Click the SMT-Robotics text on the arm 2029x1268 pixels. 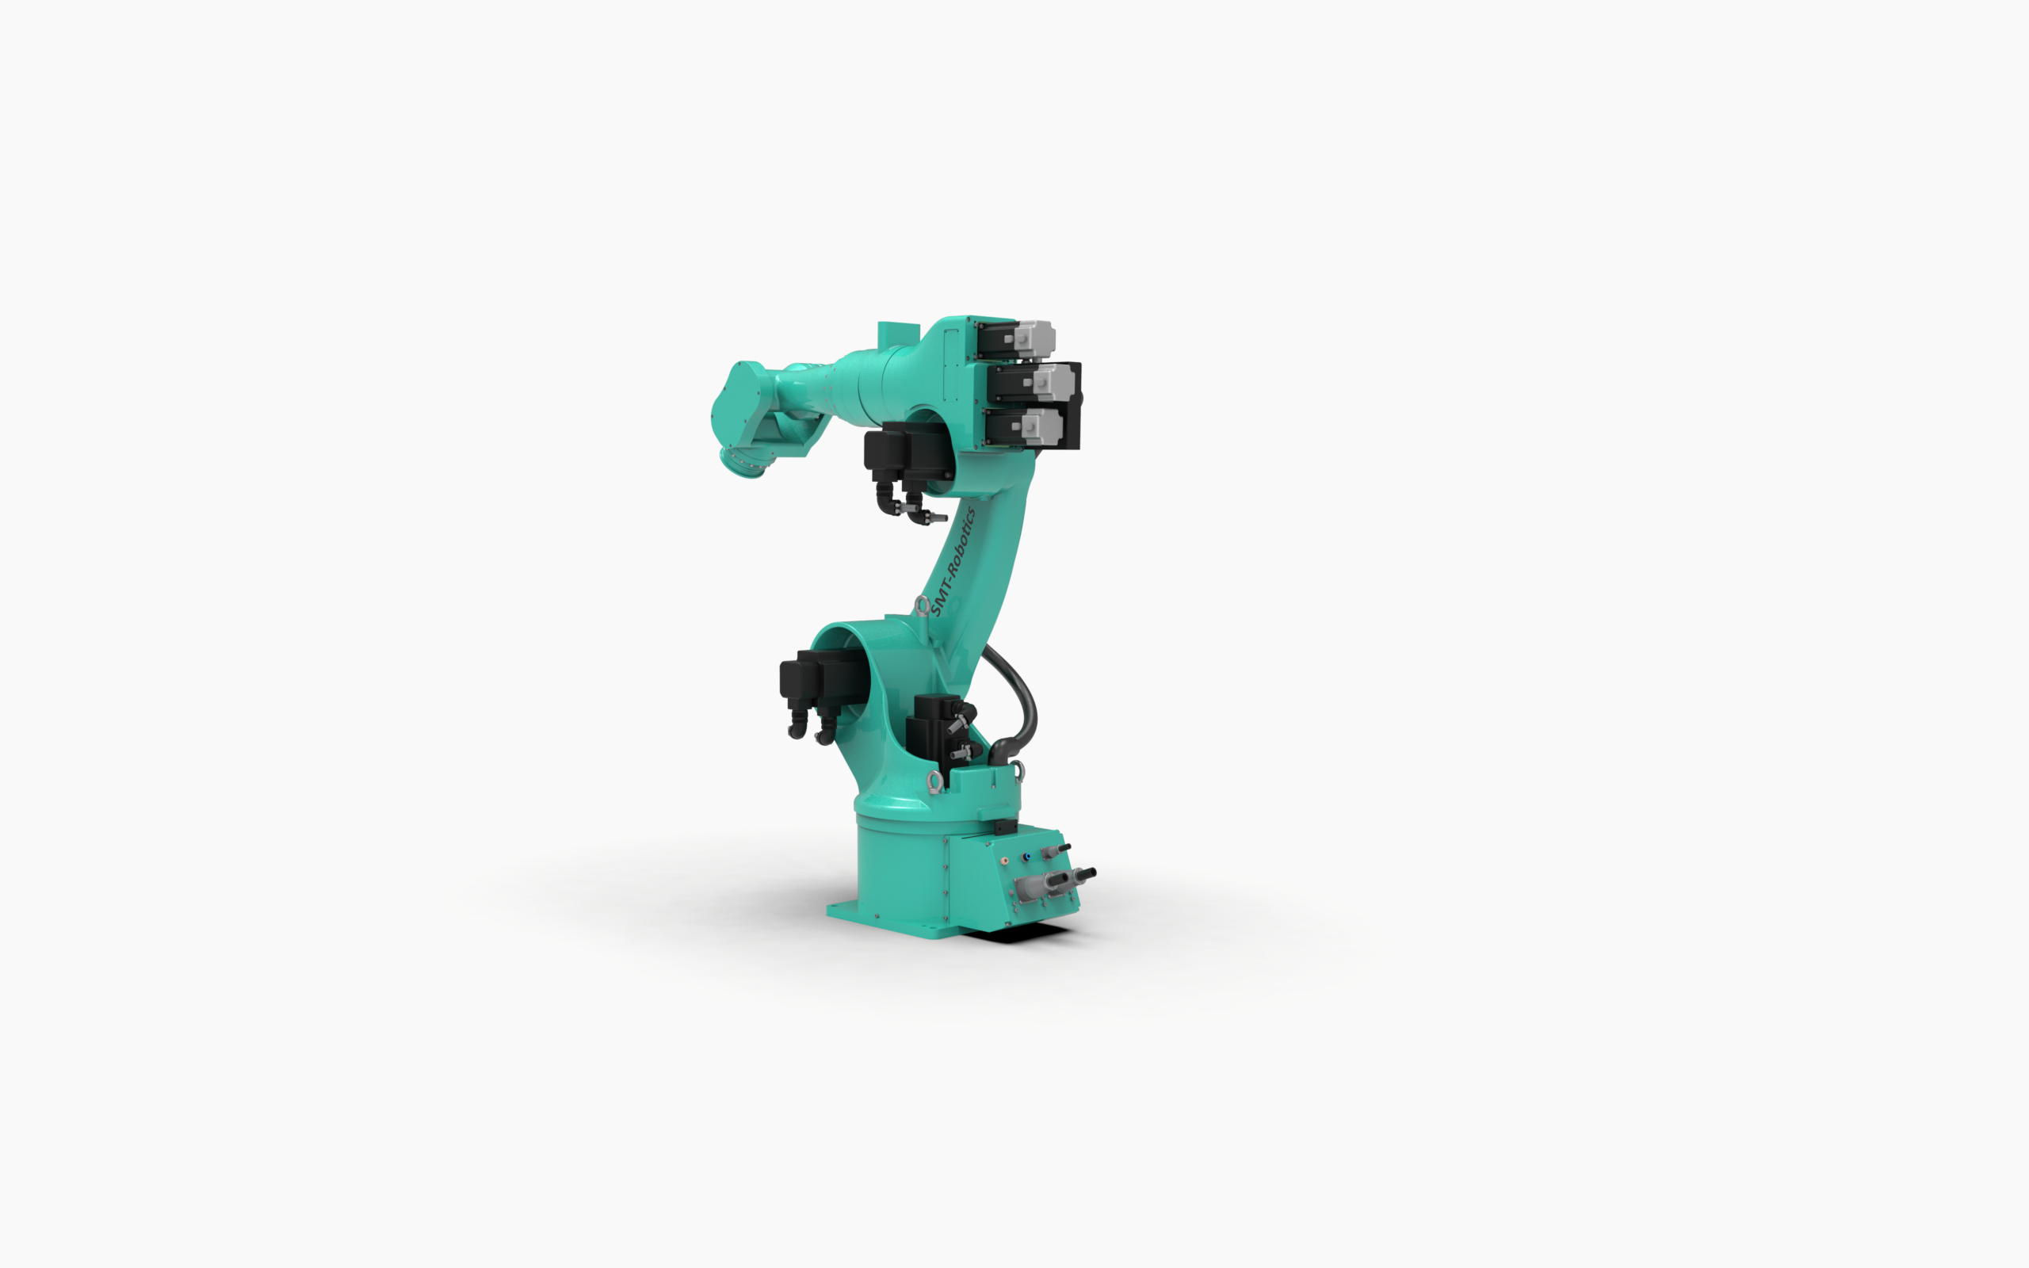pos(953,561)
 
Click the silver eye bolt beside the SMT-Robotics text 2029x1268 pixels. pos(922,605)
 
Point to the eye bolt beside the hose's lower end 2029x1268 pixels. pos(1017,770)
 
